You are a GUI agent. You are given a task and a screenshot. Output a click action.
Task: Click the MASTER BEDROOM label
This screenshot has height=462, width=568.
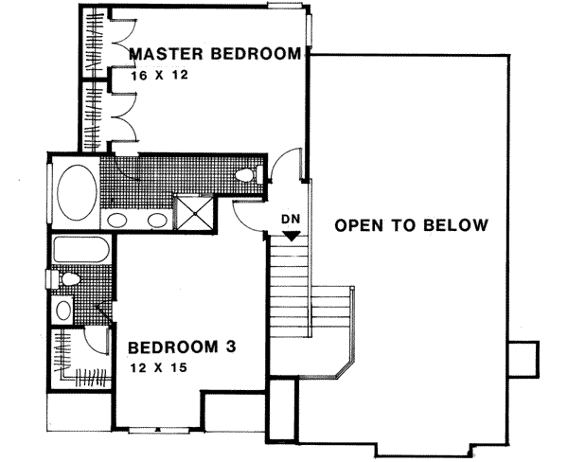click(215, 53)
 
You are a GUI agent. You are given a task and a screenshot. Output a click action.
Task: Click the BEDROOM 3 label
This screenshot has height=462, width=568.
click(182, 346)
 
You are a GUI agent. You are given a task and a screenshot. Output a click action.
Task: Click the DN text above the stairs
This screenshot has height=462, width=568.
click(291, 220)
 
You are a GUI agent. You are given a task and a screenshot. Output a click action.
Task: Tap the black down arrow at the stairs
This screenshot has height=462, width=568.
click(291, 235)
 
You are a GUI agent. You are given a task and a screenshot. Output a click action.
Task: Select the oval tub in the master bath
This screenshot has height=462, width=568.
click(76, 191)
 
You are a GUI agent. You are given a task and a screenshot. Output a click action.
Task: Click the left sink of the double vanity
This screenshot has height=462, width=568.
click(117, 222)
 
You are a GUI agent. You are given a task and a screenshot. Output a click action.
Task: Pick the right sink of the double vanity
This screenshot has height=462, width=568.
click(155, 222)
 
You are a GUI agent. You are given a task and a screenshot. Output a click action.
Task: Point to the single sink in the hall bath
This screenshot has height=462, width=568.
click(63, 309)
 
